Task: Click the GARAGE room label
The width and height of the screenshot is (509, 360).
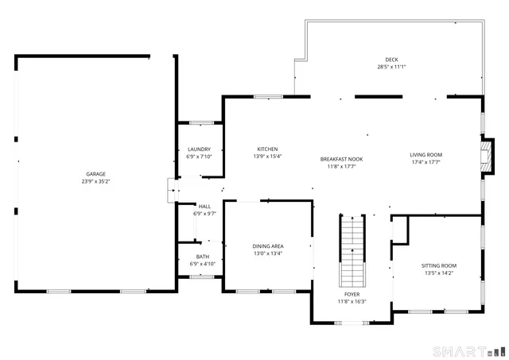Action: pos(95,174)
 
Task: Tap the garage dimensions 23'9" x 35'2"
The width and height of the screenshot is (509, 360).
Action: pos(95,182)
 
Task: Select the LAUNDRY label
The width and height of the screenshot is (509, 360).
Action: pos(199,149)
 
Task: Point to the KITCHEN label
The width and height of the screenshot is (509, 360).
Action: pos(266,149)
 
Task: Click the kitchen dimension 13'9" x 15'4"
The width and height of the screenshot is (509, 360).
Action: pos(266,157)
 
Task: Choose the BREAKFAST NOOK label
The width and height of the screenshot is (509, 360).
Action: pos(341,159)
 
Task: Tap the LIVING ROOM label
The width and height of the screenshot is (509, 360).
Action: pos(425,155)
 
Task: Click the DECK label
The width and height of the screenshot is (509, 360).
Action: pos(391,60)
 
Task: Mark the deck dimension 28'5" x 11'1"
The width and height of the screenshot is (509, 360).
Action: pos(391,68)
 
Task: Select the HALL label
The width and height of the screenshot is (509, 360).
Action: pos(204,207)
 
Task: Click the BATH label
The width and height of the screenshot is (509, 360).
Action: pos(203,257)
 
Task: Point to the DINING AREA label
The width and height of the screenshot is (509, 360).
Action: pos(268,246)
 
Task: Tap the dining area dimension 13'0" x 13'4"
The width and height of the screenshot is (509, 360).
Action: pos(268,254)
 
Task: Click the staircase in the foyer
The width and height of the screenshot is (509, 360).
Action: pos(352,250)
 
